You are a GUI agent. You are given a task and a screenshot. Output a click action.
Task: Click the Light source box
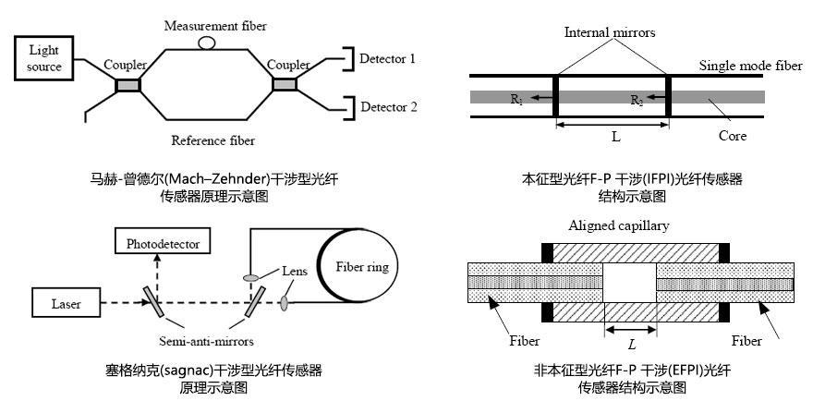coord(44,58)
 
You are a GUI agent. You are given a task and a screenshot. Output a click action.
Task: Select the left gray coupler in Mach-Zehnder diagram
coord(127,85)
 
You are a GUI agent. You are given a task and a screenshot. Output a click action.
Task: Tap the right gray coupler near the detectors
coord(285,85)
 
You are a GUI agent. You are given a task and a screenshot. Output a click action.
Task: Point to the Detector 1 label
coord(388,59)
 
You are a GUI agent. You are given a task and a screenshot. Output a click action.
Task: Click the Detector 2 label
coord(388,107)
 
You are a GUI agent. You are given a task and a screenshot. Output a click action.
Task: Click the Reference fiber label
coord(212,141)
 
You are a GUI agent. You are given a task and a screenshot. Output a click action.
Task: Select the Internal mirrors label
coord(610,32)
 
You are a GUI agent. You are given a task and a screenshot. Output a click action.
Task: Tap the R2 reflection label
coord(637,99)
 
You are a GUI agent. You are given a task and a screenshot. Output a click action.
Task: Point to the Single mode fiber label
coord(750,66)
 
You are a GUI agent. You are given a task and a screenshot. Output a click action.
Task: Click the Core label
coord(732,136)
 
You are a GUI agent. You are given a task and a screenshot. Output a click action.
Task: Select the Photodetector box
coord(162,243)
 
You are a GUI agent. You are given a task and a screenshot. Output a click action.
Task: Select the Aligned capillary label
coord(618,225)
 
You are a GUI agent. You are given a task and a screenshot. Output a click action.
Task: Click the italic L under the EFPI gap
coord(631,344)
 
